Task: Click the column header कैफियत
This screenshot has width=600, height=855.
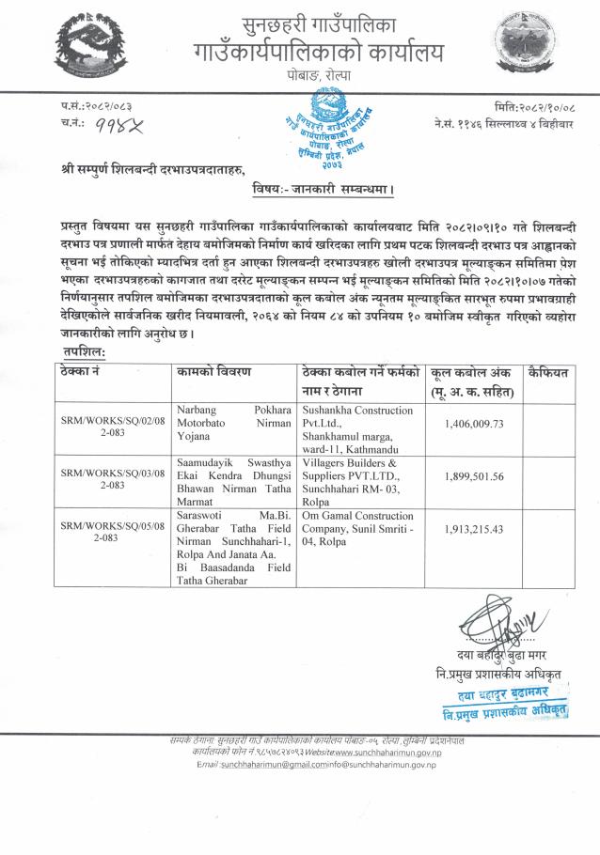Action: pyautogui.click(x=549, y=373)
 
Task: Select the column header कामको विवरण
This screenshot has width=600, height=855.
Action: pyautogui.click(x=213, y=373)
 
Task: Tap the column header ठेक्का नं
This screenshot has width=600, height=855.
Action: pyautogui.click(x=85, y=373)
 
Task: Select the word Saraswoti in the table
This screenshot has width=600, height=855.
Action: pyautogui.click(x=200, y=515)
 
